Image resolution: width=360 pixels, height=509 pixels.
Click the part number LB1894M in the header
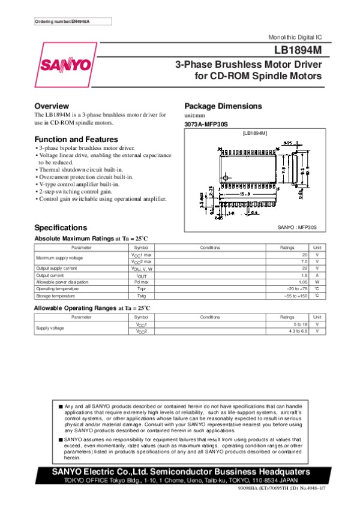tap(298, 50)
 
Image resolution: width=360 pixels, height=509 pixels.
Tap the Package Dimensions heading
tap(223, 106)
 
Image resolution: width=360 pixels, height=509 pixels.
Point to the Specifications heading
tap(61, 228)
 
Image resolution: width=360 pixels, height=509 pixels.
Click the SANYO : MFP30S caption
tap(296, 228)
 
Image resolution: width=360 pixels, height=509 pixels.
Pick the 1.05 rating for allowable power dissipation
tap(300, 282)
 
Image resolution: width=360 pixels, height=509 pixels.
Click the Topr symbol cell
tap(142, 288)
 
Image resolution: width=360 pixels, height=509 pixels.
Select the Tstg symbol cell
tap(142, 296)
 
